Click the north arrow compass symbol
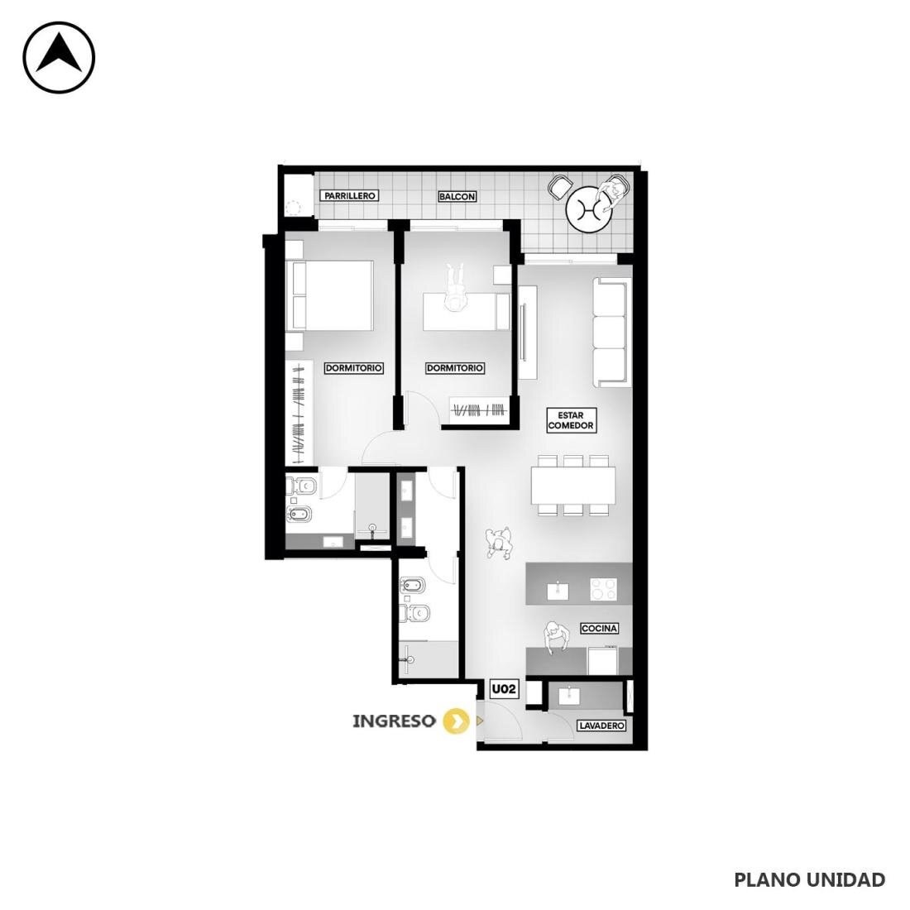click(x=59, y=57)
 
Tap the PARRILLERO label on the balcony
click(x=349, y=196)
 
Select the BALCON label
click(x=457, y=197)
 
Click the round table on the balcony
click(x=589, y=208)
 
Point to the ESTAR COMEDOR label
click(x=571, y=420)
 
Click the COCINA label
click(x=600, y=629)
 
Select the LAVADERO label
click(x=601, y=726)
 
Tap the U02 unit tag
click(x=503, y=689)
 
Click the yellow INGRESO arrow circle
click(x=456, y=721)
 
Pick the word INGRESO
click(x=394, y=721)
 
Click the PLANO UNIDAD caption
click(x=810, y=880)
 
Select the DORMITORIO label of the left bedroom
click(x=353, y=368)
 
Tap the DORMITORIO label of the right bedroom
click(x=455, y=368)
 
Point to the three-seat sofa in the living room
click(x=611, y=332)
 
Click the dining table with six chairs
click(x=573, y=485)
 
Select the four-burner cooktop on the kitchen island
click(x=604, y=589)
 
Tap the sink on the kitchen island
click(x=558, y=590)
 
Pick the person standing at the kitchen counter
click(x=555, y=639)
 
